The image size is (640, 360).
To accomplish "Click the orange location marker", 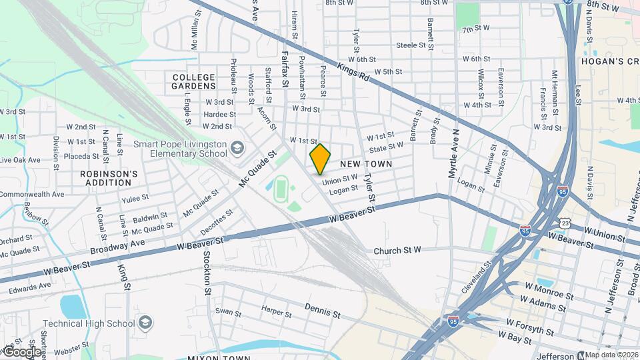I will pos(321,159).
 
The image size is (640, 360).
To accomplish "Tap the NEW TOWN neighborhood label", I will pos(366,164).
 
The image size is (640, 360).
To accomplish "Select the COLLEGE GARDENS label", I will pos(194,81).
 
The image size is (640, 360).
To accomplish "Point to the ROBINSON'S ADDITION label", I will pos(109,178).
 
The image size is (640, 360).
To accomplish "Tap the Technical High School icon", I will pos(144,324).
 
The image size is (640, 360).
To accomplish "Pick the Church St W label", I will pos(398,251).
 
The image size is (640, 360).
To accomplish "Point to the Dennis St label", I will pos(323,310).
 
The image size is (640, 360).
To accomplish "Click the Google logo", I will pos(21,351).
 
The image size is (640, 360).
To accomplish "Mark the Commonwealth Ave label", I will pos(32,194).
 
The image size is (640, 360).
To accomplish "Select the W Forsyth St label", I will pos(529,326).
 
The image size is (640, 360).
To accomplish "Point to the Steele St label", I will pos(411,45).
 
